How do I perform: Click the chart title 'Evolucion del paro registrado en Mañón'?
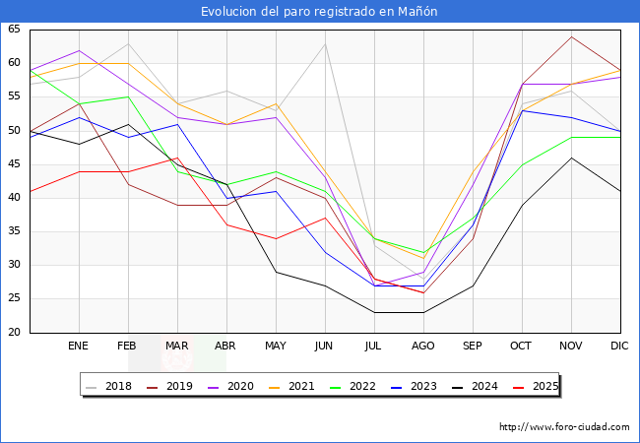[x=319, y=12]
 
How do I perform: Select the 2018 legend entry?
[x=108, y=386]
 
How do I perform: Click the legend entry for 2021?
[x=291, y=386]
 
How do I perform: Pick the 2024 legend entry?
[x=475, y=386]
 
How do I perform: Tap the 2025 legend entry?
[x=536, y=386]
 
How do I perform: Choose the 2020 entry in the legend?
[x=230, y=386]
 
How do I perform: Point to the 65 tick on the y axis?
[x=14, y=29]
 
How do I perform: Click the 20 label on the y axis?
[x=14, y=332]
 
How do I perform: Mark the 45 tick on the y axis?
[x=14, y=164]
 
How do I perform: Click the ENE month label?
[x=78, y=346]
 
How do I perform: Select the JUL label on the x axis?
[x=373, y=346]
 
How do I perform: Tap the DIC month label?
[x=619, y=346]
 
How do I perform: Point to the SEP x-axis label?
[x=472, y=346]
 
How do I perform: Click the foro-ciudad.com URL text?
[x=564, y=427]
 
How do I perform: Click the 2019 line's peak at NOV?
[x=571, y=36]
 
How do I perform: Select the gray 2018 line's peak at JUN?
[x=325, y=43]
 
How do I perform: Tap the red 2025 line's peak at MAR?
[x=177, y=158]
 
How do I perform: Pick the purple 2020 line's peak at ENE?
[x=79, y=50]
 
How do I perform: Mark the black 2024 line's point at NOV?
[x=571, y=158]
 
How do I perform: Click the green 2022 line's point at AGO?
[x=423, y=252]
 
